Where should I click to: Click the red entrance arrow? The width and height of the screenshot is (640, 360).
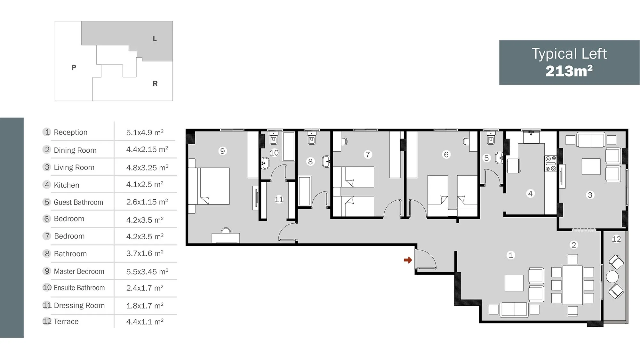click(408, 260)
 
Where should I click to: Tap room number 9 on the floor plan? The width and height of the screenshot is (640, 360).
click(222, 151)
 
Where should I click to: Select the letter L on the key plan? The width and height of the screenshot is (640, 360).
click(155, 39)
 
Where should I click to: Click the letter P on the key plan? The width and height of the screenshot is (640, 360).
click(74, 68)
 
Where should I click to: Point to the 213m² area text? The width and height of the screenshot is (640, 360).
click(569, 71)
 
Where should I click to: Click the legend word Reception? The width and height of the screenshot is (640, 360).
click(70, 132)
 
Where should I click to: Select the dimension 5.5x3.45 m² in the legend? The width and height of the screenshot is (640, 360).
click(147, 271)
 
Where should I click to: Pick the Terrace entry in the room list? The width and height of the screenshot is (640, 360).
click(66, 321)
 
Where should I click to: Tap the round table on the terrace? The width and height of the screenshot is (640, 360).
click(612, 276)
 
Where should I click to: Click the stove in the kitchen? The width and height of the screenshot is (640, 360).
click(551, 164)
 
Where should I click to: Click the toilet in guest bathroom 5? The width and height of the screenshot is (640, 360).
click(491, 138)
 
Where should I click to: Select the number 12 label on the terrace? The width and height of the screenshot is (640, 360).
click(616, 239)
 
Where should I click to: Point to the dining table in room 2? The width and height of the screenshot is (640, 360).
click(572, 285)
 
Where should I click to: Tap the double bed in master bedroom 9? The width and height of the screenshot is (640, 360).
click(209, 186)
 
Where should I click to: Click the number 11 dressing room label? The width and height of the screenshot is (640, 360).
click(279, 199)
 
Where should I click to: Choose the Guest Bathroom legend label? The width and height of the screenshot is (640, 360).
click(78, 202)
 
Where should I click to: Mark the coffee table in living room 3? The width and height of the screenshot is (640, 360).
click(591, 166)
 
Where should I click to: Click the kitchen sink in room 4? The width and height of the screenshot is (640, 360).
click(531, 137)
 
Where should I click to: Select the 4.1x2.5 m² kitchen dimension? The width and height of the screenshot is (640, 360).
click(145, 184)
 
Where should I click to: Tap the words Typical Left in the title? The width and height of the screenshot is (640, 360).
click(569, 54)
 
